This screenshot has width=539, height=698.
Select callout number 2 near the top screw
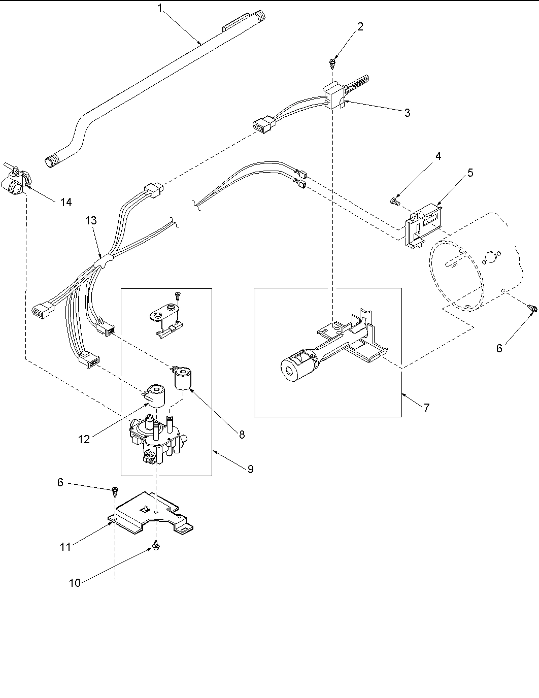[x=360, y=27]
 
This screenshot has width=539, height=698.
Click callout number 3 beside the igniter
[x=407, y=113]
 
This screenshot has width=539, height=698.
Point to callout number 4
[x=438, y=156]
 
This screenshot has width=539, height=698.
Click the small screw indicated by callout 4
[x=394, y=202]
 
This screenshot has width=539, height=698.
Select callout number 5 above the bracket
[x=470, y=173]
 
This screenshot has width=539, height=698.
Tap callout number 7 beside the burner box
[x=426, y=407]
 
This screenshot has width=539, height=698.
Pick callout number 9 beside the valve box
[x=250, y=469]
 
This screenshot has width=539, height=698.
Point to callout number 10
[x=75, y=583]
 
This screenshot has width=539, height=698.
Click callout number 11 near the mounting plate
[x=64, y=546]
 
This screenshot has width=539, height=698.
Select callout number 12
[x=84, y=440]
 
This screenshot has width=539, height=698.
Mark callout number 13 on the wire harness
[x=91, y=221]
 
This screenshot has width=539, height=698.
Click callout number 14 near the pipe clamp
[x=65, y=203]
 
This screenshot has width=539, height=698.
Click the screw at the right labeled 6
[x=533, y=308]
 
